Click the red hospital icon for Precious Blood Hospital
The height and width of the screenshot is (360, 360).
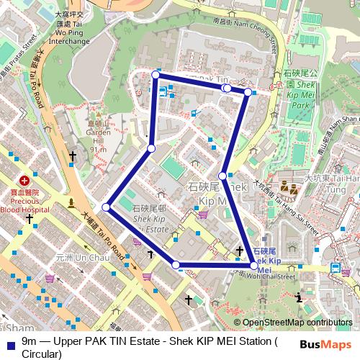tap(24, 180)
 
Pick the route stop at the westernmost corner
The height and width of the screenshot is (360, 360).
tap(106, 207)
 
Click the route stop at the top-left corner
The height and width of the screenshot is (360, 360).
tap(156, 74)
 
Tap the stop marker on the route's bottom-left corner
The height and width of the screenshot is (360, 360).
tap(176, 265)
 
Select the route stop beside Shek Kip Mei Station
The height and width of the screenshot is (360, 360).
tap(253, 266)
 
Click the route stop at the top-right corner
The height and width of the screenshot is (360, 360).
tap(248, 92)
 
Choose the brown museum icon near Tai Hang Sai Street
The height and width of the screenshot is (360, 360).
tap(291, 189)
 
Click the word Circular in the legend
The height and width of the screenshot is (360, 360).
tap(42, 354)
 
